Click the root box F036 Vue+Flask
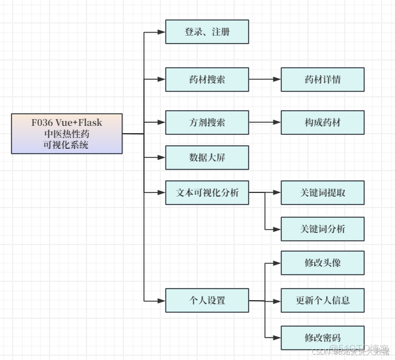tap(67, 134)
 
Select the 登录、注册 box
tap(207, 32)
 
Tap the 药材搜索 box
tap(207, 79)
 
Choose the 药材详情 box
tap(322, 79)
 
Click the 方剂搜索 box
tap(207, 122)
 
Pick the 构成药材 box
tap(322, 122)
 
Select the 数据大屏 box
tap(207, 157)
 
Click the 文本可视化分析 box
tap(207, 193)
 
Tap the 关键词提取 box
tap(322, 193)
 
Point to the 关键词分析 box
tap(322, 229)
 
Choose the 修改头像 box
tap(322, 264)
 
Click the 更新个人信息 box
tap(322, 300)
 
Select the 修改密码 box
tap(322, 337)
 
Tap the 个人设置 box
tap(207, 300)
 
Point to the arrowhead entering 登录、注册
tap(162, 32)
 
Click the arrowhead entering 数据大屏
tap(162, 157)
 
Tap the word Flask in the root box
tap(90, 123)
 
